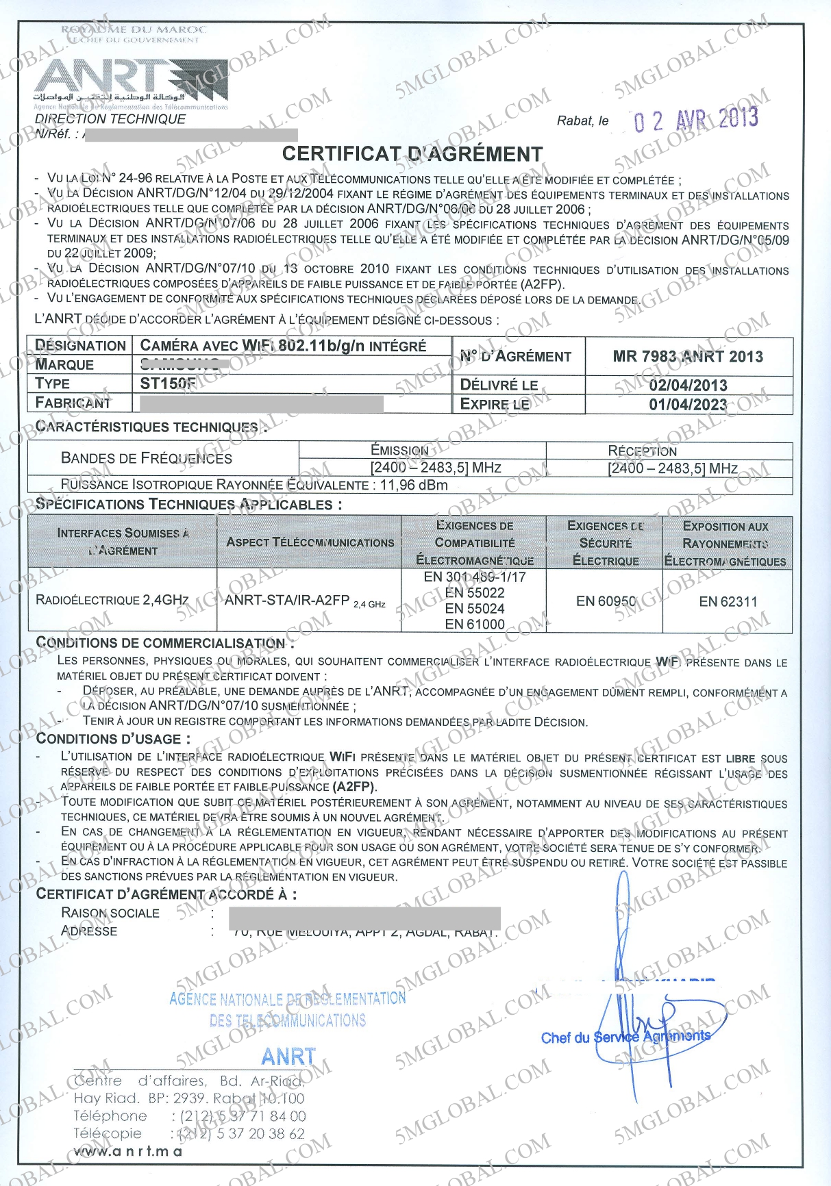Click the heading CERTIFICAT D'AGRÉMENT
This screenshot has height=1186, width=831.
pos(412,154)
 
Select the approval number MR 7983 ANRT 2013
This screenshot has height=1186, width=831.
pos(688,356)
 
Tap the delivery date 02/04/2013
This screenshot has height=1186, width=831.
pos(688,386)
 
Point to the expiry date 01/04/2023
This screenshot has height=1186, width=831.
pos(688,405)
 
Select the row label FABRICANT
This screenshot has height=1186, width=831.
pos(73,403)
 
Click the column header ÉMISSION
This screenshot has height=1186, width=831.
pos(399,450)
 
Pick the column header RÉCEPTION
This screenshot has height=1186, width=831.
pos(642,451)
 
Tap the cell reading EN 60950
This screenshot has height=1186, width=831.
pos(606,601)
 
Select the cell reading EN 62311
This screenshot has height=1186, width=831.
pos(728,602)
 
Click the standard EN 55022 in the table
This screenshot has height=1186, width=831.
pos(475,592)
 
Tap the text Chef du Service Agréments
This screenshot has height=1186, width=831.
pos(625,1037)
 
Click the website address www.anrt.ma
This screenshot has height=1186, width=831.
pos(128,1151)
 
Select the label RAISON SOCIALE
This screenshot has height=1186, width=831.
pos(110,913)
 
